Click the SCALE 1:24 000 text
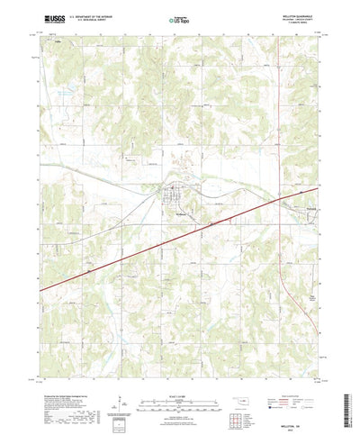[179, 356]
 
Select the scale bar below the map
[179, 366]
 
